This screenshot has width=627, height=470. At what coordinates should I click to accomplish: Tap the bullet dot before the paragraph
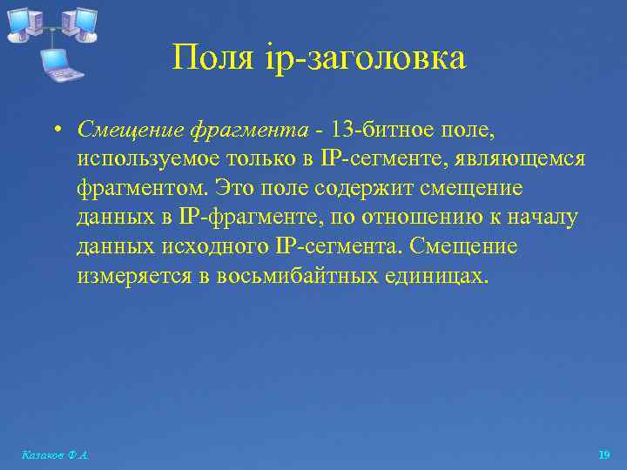click(x=55, y=131)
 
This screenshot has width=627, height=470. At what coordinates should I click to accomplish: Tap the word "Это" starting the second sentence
click(x=235, y=189)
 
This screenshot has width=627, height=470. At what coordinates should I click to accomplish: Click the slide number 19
click(x=604, y=455)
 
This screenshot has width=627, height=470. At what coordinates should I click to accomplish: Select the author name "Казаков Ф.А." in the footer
click(x=54, y=455)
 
